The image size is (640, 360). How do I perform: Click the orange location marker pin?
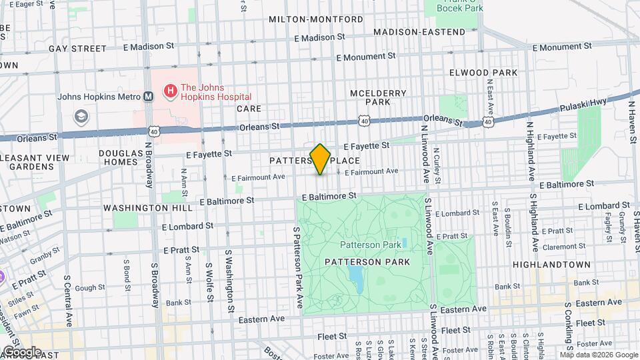coord(321,159)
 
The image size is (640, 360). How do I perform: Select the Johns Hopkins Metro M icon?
coord(149,96)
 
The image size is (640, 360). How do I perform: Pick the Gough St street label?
coord(87,288)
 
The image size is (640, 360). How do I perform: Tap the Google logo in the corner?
coord(22,351)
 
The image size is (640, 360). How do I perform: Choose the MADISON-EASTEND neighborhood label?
coord(419,32)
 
